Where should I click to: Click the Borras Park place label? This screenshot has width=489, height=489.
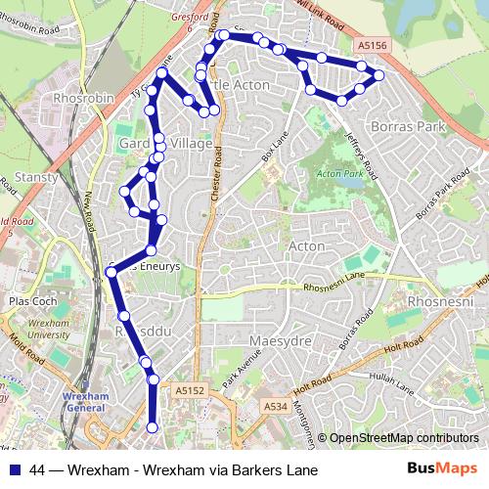tap(409, 127)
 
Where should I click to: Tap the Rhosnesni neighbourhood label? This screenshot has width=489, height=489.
tap(441, 302)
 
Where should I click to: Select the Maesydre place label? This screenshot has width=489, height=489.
tap(279, 340)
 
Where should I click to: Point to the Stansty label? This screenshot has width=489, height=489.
tap(37, 178)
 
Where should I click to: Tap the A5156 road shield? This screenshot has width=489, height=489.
tap(371, 45)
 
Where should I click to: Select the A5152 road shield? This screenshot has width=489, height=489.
tap(191, 390)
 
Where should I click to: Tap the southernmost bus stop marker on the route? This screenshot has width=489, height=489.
tap(152, 426)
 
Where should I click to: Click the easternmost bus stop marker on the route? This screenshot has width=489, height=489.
tap(379, 75)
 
